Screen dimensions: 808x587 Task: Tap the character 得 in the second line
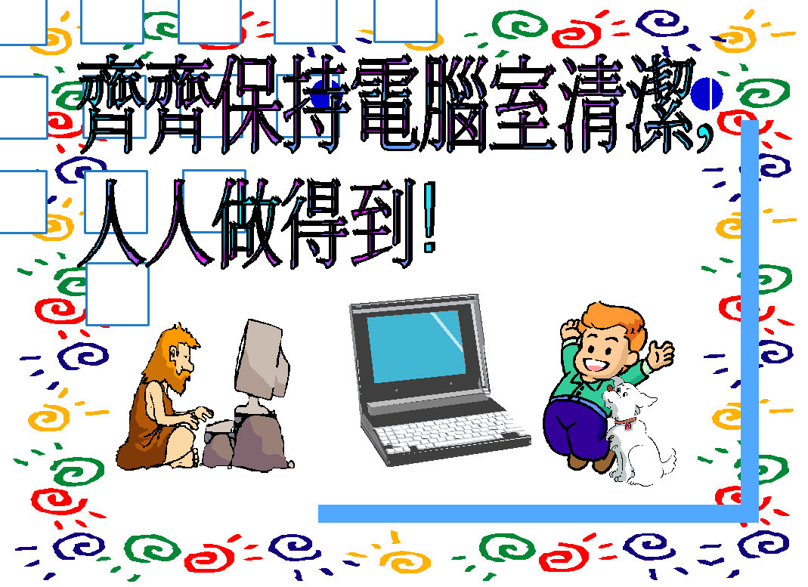pyautogui.click(x=315, y=222)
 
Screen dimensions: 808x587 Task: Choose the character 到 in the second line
pyautogui.click(x=382, y=222)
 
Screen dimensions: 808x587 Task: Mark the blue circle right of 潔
pyautogui.click(x=707, y=94)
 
